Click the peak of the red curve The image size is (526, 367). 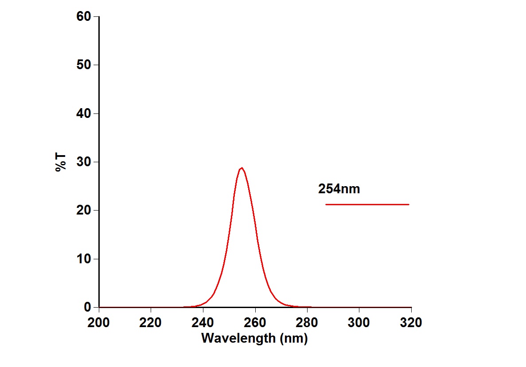[x=242, y=168]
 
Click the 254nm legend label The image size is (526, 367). [x=339, y=189]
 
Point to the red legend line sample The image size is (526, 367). [x=367, y=204]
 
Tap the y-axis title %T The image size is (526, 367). [x=61, y=162]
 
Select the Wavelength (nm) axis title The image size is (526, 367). [x=254, y=338]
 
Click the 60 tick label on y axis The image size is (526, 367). [x=84, y=17]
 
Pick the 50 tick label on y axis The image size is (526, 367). [x=84, y=65]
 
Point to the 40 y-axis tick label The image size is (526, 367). [x=84, y=114]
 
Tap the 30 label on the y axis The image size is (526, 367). [x=84, y=162]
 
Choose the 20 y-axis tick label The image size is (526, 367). [x=84, y=211]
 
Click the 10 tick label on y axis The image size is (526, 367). [x=84, y=259]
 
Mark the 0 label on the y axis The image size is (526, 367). [x=87, y=307]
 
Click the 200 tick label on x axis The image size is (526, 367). [x=99, y=323]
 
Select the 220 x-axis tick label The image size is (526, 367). [x=151, y=323]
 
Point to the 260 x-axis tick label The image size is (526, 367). [x=255, y=323]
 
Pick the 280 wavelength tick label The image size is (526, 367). [x=307, y=323]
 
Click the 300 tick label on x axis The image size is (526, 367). [x=359, y=323]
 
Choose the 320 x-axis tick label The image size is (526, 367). [x=411, y=323]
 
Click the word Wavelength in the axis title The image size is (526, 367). [x=238, y=338]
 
